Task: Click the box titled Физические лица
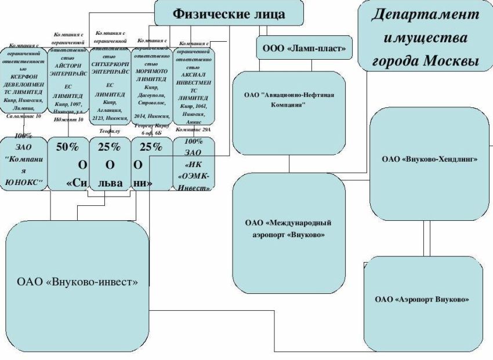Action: [x=229, y=13]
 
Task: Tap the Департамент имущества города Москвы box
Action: [x=425, y=36]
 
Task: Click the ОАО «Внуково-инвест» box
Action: [x=77, y=282]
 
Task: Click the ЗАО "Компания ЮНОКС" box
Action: [x=24, y=165]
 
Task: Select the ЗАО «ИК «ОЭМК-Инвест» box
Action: [x=194, y=165]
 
